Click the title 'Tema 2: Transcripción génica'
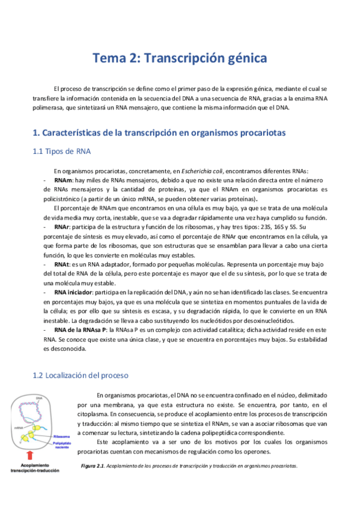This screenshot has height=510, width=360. point(180,58)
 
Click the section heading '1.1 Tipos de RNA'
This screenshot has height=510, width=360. point(62,151)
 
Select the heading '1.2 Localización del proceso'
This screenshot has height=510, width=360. point(81,375)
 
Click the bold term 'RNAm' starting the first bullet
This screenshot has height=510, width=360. point(63,180)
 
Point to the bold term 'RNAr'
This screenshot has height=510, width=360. point(63,227)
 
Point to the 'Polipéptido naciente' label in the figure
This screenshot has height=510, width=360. point(63,444)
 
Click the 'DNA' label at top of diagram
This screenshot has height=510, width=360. point(38,398)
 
